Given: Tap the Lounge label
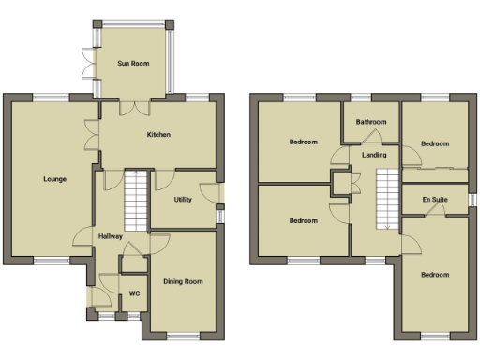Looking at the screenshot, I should point(53,178).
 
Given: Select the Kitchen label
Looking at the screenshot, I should point(158,135).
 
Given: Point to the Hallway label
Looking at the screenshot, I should point(111,236).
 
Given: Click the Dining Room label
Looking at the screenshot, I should point(183,281).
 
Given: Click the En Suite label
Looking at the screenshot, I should point(434,200).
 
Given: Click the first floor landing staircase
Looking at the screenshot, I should point(388,198).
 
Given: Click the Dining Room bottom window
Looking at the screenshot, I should point(184,335).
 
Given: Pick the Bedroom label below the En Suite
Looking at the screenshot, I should point(434,275).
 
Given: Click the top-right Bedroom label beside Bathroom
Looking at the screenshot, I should point(434,143).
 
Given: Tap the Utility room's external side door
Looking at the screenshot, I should point(220,194).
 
